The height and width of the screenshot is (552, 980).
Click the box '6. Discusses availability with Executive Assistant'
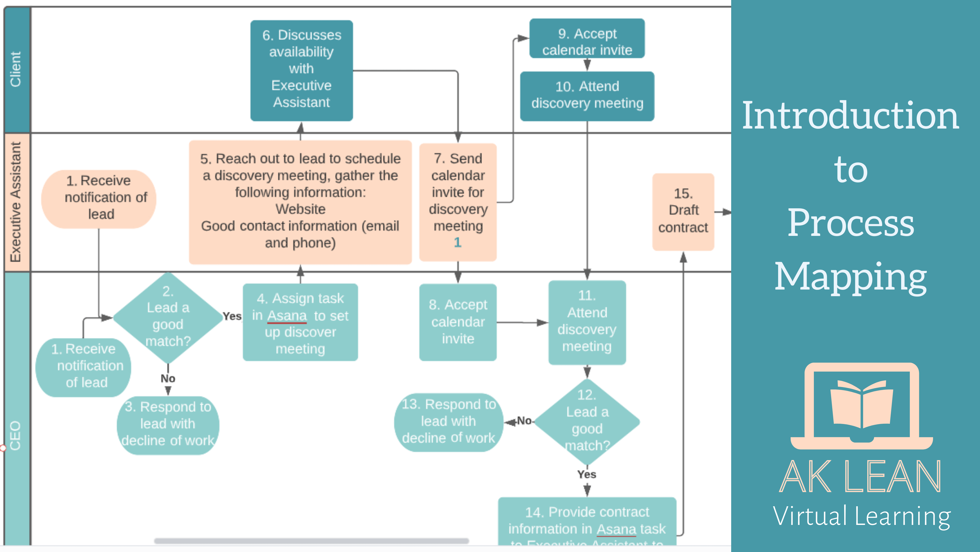(301, 71)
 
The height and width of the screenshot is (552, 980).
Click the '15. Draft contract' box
(683, 211)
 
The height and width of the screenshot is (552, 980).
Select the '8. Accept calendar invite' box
(458, 322)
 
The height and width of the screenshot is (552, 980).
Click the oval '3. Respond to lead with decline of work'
(168, 424)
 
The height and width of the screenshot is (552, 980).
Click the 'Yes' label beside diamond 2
(232, 316)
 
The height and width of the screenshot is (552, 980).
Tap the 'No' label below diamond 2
(168, 378)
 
